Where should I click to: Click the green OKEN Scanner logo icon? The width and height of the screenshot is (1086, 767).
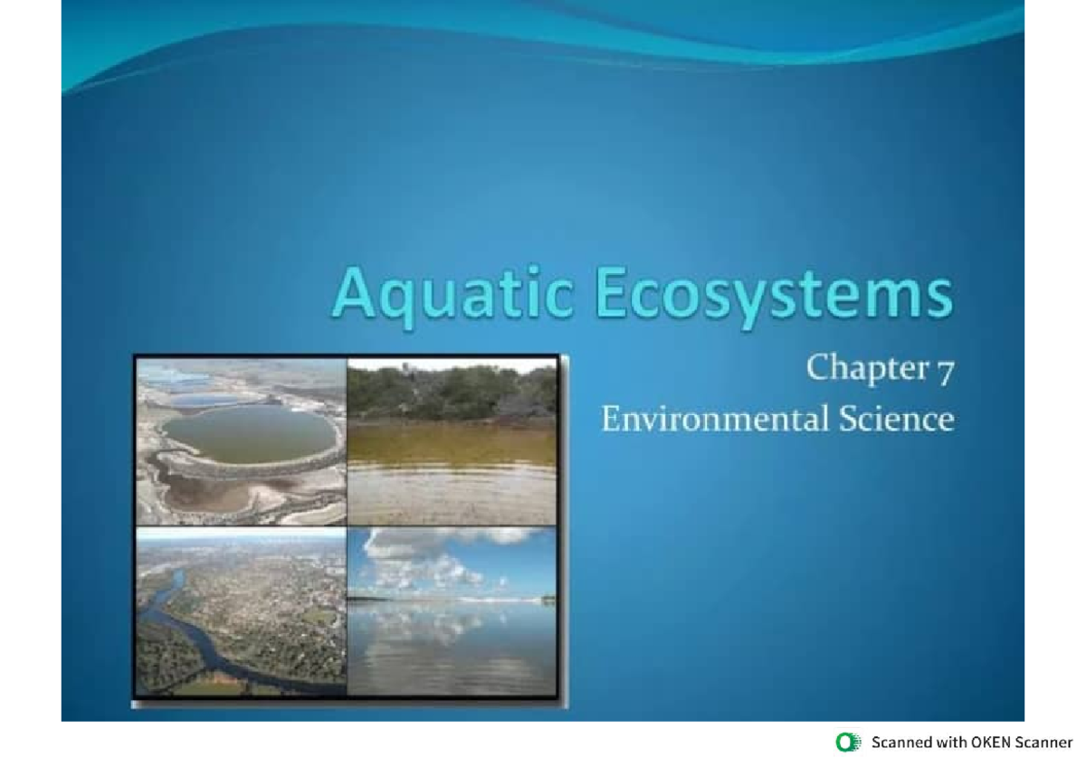pos(848,743)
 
